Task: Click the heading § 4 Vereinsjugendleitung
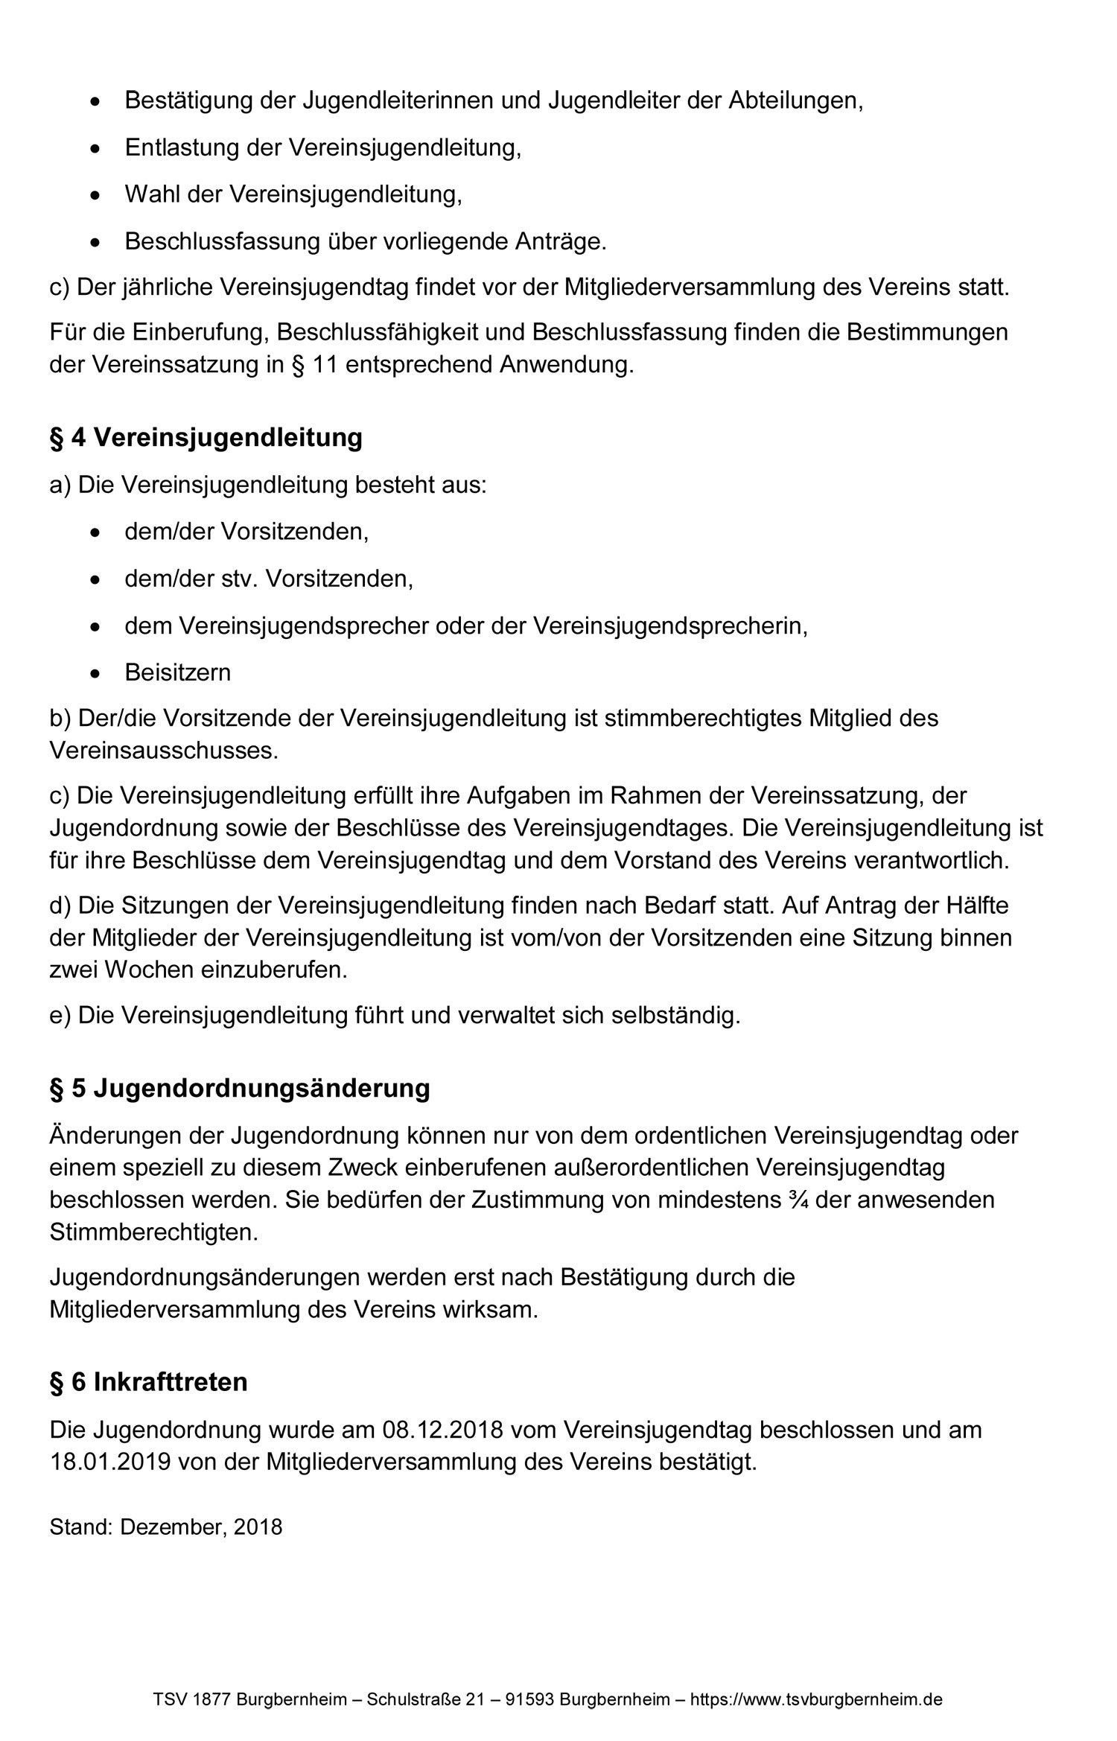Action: (x=206, y=438)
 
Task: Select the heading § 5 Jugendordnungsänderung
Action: (x=240, y=1089)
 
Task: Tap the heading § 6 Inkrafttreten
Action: (x=148, y=1382)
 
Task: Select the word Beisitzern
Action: (x=177, y=672)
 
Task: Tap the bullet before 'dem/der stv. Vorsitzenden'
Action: (x=94, y=579)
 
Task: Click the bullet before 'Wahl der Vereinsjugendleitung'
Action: (x=94, y=195)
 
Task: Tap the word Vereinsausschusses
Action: (x=163, y=751)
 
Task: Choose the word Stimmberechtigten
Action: (x=153, y=1232)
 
